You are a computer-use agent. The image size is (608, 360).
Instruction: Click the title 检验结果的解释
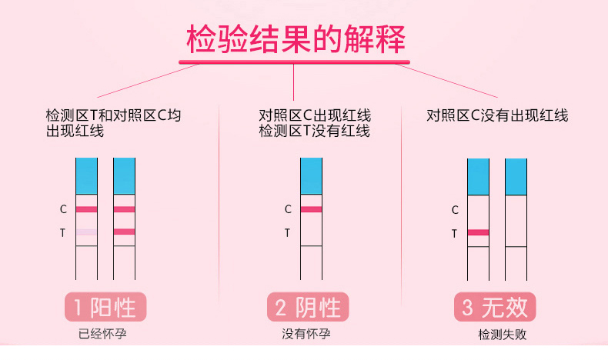point(296,38)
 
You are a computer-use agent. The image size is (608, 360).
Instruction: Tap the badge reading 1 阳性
point(105,307)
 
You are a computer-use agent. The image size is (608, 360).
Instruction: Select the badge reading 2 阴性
point(308,307)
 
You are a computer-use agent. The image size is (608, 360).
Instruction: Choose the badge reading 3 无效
point(495,307)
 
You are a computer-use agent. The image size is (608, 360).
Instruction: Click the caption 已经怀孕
point(102,334)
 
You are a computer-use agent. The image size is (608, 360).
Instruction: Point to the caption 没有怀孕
point(306,334)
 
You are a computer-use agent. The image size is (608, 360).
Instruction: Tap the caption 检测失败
point(502,335)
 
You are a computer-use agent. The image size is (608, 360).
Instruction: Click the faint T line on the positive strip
point(86,232)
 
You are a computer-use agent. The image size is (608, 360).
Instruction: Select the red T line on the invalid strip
point(478,232)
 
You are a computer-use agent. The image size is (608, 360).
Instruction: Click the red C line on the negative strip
point(312,209)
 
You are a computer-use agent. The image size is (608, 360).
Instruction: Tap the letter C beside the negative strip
point(288,209)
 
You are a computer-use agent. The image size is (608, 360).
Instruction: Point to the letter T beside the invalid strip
point(454,234)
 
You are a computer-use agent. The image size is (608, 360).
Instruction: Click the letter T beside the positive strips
point(62,233)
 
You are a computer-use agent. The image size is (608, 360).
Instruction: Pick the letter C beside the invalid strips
point(455,210)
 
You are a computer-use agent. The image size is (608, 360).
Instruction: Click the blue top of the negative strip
point(312,176)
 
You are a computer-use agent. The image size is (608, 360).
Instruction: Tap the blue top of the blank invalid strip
point(516,177)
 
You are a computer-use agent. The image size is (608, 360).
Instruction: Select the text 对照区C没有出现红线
point(497,115)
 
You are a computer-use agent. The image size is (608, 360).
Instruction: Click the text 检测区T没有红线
point(315,131)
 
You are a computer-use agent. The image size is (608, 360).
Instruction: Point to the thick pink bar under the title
point(294,62)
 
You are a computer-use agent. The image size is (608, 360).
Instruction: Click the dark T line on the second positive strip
point(124,232)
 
